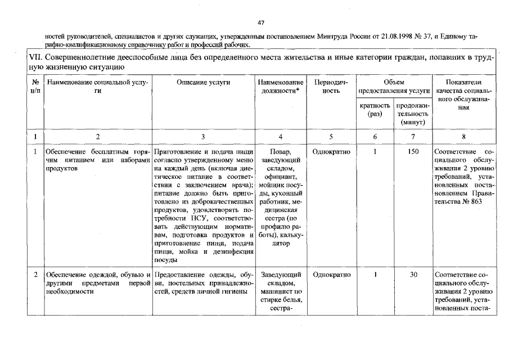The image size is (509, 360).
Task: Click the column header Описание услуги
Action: click(203, 82)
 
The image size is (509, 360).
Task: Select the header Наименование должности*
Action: click(280, 87)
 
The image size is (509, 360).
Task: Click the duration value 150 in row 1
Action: click(413, 152)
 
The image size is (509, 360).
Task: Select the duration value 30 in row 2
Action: click(413, 274)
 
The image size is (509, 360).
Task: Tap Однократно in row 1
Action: click(331, 152)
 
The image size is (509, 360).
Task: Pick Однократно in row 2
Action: click(331, 274)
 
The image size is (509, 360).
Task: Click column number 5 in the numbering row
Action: click(331, 136)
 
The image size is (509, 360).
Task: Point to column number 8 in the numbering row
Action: click(463, 136)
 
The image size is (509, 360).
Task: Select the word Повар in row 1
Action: click(280, 152)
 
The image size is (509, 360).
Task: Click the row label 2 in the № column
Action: click(35, 274)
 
